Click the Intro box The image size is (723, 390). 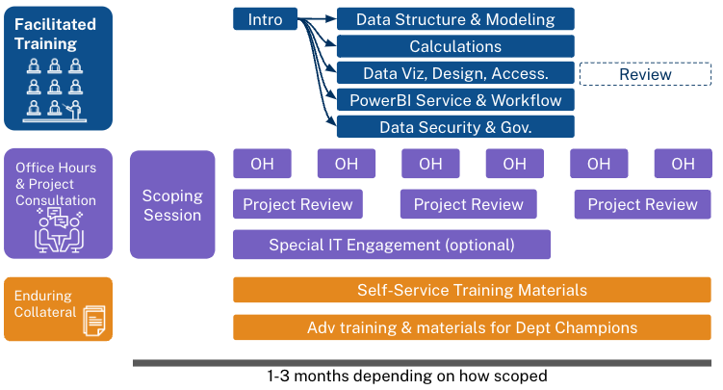click(x=265, y=19)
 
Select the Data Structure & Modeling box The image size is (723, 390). click(x=455, y=19)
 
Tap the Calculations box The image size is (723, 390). click(x=455, y=46)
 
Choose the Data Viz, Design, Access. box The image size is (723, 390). click(x=455, y=73)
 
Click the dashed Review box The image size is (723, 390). click(x=645, y=73)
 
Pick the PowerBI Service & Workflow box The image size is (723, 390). click(x=455, y=100)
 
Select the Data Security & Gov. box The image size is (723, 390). click(x=455, y=127)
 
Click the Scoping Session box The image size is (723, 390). click(x=172, y=204)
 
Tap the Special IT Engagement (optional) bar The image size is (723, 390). click(x=392, y=245)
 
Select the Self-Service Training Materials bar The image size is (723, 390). click(x=472, y=290)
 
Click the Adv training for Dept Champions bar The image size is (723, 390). click(x=472, y=327)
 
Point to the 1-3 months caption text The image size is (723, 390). click(x=405, y=377)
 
